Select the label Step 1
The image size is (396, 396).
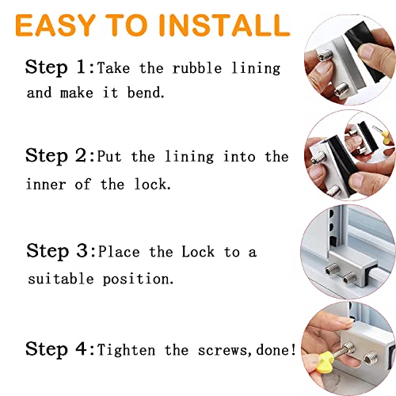click(59, 67)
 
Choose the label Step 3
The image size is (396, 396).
click(59, 252)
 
